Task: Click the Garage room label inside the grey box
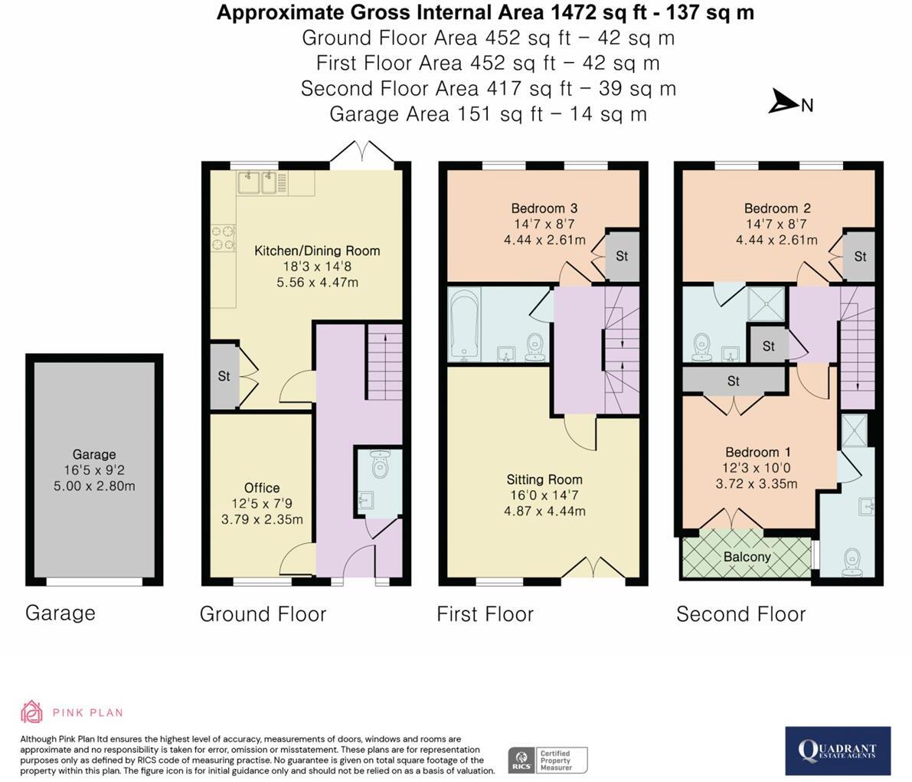pos(94,454)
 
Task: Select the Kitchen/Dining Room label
pos(317,250)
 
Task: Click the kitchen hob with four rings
pos(223,238)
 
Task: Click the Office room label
pos(262,488)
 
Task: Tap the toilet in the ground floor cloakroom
pos(379,463)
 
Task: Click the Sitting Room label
pos(544,479)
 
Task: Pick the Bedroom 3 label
pos(544,208)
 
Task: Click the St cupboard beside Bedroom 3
pos(622,256)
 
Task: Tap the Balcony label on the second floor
pos(747,557)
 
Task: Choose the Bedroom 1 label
pos(757,452)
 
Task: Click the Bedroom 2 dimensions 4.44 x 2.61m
pos(776,240)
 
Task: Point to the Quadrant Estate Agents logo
pos(838,751)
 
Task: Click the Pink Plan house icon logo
pos(32,712)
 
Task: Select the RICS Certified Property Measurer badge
pos(548,760)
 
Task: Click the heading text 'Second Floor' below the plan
pos(741,613)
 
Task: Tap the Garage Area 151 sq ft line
pos(488,114)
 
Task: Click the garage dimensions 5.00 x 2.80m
pos(94,486)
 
